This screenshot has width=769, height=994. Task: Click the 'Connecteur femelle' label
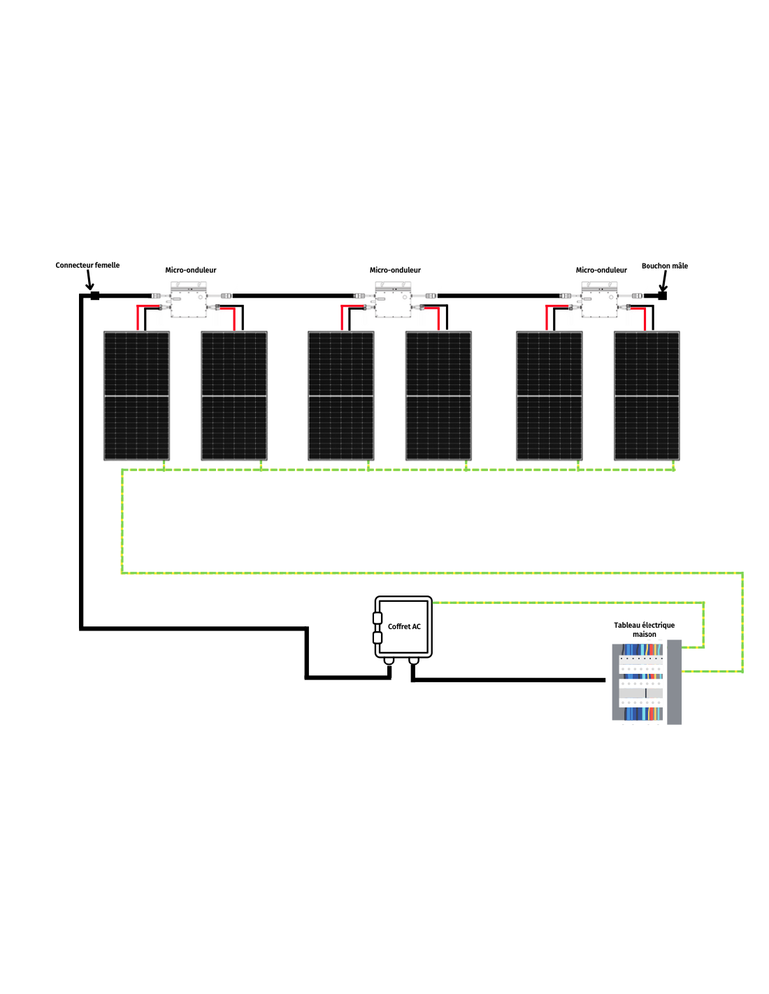click(87, 265)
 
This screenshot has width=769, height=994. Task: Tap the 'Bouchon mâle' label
click(664, 266)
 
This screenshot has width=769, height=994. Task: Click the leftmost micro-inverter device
click(189, 301)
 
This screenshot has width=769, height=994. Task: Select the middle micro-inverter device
click(394, 301)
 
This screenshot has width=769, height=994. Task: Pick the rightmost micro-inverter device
click(600, 301)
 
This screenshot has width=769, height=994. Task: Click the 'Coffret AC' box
click(403, 627)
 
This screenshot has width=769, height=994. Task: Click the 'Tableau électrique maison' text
click(644, 630)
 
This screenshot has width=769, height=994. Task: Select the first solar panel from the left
click(136, 396)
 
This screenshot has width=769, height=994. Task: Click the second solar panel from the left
click(234, 396)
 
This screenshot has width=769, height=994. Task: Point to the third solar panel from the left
click(341, 396)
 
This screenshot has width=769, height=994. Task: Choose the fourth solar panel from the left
click(438, 396)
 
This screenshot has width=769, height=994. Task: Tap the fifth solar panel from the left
click(549, 396)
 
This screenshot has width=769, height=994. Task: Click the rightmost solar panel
click(647, 396)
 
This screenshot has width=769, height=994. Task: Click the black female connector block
click(95, 296)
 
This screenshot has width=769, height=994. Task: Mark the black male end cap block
click(662, 296)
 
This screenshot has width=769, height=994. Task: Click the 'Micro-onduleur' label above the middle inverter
click(395, 270)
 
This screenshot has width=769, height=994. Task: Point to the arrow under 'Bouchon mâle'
click(663, 281)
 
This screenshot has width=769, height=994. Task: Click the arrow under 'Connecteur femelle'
click(89, 280)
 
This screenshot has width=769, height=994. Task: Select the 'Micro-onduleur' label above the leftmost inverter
click(190, 270)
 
